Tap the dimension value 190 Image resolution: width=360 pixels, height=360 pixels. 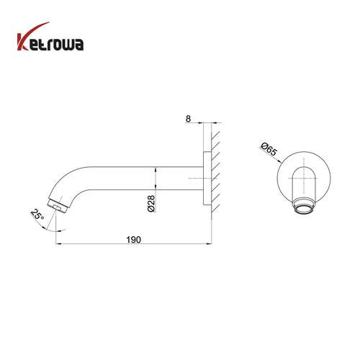[x=133, y=240]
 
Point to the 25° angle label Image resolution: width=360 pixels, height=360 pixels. [x=37, y=215]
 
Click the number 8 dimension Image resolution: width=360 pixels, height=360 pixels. [x=188, y=119]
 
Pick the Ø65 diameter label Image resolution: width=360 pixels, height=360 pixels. [x=269, y=149]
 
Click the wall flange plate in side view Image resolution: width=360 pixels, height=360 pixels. [x=207, y=179]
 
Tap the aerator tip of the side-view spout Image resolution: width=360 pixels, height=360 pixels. [x=58, y=206]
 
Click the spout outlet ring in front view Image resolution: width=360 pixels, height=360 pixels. [x=304, y=207]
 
